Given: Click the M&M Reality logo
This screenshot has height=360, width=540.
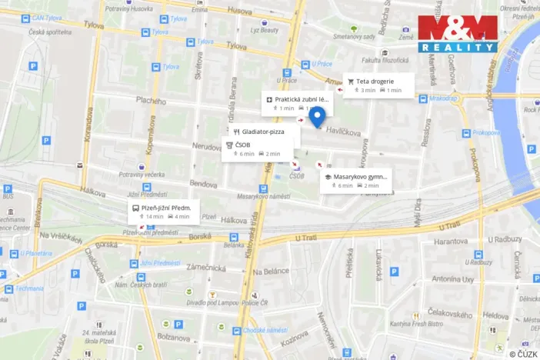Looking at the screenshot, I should [457, 33].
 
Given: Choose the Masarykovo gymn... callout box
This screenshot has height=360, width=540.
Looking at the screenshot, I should [355, 180].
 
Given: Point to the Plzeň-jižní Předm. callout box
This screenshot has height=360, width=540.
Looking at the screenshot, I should [164, 211].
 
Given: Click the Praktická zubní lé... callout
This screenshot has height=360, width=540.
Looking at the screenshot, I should [298, 103].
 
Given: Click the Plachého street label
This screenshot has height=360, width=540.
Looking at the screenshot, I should [151, 101].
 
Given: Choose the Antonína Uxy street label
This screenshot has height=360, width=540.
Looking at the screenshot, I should [452, 278].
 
